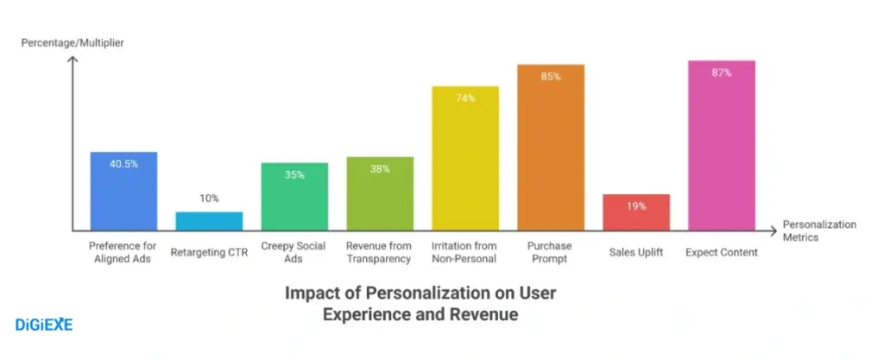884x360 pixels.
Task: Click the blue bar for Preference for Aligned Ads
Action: [x=123, y=192]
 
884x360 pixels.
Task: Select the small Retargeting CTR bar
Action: [x=209, y=221]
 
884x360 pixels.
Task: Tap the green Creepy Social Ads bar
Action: [x=294, y=197]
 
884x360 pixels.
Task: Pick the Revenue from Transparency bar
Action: [x=380, y=194]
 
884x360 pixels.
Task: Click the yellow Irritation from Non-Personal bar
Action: [x=465, y=159]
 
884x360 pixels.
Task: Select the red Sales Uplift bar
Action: [x=636, y=212]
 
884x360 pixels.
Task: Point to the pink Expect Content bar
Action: [x=722, y=146]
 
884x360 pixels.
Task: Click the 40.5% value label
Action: [x=123, y=164]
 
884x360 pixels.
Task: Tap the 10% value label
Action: [x=209, y=199]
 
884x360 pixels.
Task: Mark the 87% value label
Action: [x=722, y=73]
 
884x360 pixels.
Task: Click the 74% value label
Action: [x=465, y=98]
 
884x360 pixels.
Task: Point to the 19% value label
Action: [x=636, y=206]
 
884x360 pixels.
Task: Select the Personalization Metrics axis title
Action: [x=819, y=231]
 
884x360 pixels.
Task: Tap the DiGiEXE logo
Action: [x=44, y=325]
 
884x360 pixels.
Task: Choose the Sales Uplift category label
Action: [x=636, y=252]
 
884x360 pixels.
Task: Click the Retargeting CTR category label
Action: [x=209, y=252]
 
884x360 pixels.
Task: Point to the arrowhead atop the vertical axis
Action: [x=73, y=60]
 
